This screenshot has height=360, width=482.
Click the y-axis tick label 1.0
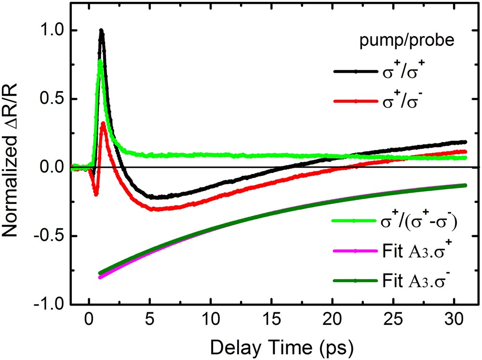click(x=52, y=30)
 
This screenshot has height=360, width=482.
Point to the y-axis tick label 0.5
click(x=52, y=99)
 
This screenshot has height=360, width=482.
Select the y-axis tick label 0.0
click(x=52, y=167)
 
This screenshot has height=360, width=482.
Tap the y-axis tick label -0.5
click(x=49, y=236)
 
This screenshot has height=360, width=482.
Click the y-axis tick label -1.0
click(x=49, y=304)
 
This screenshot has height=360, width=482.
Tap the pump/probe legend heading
click(x=406, y=42)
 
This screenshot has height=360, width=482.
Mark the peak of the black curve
click(x=101, y=30)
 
